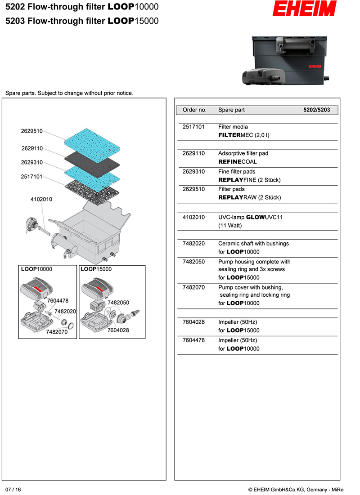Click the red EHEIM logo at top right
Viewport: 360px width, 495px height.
[x=306, y=9]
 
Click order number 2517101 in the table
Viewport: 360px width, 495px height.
[x=193, y=127]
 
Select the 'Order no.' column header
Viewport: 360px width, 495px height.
[x=194, y=110]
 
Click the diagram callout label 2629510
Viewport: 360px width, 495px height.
[x=31, y=131]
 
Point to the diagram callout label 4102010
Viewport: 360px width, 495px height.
[x=41, y=199]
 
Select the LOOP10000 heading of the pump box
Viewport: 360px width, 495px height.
[x=36, y=269]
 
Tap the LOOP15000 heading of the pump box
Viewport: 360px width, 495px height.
[x=96, y=269]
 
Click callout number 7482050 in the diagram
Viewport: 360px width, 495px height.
[x=118, y=303]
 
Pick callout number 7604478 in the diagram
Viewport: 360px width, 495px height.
[x=58, y=301]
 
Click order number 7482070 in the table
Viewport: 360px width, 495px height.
[x=193, y=287]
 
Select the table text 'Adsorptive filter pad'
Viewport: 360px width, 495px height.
[x=243, y=153]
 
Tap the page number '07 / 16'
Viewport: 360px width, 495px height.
[x=13, y=489]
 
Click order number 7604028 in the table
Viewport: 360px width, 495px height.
[x=193, y=322]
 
